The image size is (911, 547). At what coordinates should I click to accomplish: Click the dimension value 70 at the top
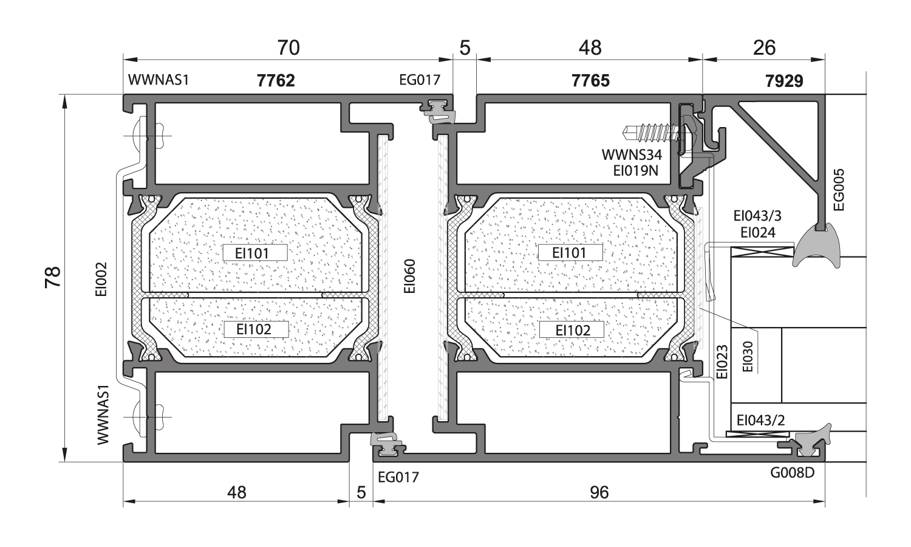pos(288,47)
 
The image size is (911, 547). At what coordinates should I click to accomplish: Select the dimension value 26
pos(764,47)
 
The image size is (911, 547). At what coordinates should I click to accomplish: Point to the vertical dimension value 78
pos(53,277)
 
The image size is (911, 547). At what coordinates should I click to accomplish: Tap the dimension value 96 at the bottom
pos(599,492)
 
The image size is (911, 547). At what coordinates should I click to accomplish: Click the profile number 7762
pos(276,80)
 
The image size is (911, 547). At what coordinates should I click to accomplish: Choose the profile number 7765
pos(590,80)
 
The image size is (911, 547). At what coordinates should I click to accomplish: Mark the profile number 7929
pos(784,81)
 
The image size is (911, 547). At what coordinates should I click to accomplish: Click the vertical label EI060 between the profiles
pos(410,277)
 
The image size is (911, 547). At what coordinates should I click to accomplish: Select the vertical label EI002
pos(101,279)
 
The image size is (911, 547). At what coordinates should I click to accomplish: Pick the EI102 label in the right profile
pos(573,330)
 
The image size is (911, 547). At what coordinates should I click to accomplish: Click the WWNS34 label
pos(632,155)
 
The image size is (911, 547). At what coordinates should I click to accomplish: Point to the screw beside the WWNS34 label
pos(653,131)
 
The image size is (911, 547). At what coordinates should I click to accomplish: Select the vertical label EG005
pos(839,190)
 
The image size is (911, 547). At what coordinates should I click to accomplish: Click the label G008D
pos(792,473)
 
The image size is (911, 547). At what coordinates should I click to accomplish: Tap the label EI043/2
pos(760,420)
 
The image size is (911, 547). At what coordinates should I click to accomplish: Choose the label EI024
pos(758,232)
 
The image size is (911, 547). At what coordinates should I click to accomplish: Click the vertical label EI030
pos(748,357)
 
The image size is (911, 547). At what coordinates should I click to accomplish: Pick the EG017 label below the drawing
pos(398,477)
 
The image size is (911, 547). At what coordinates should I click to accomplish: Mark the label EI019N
pos(635,171)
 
